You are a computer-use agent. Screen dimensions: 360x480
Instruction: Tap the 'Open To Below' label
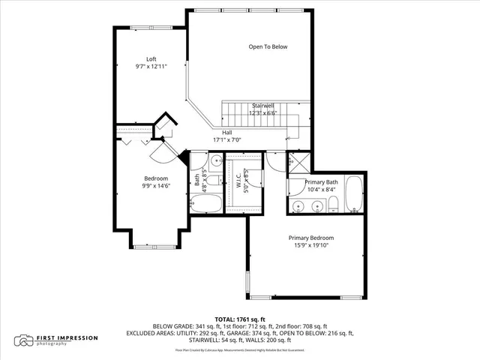(x=268, y=46)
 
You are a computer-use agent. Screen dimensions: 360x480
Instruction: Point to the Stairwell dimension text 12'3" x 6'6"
(x=264, y=113)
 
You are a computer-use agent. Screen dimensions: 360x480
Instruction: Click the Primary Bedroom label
(x=311, y=238)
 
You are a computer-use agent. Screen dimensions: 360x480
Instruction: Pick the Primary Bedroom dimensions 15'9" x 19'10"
(x=311, y=246)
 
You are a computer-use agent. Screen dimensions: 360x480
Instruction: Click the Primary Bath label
(x=321, y=182)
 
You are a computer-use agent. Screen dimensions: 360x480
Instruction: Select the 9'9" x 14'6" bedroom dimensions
(x=157, y=185)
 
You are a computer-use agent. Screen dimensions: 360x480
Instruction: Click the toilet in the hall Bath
(x=213, y=180)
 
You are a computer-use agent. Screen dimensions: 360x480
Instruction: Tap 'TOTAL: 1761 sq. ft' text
(x=240, y=319)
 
